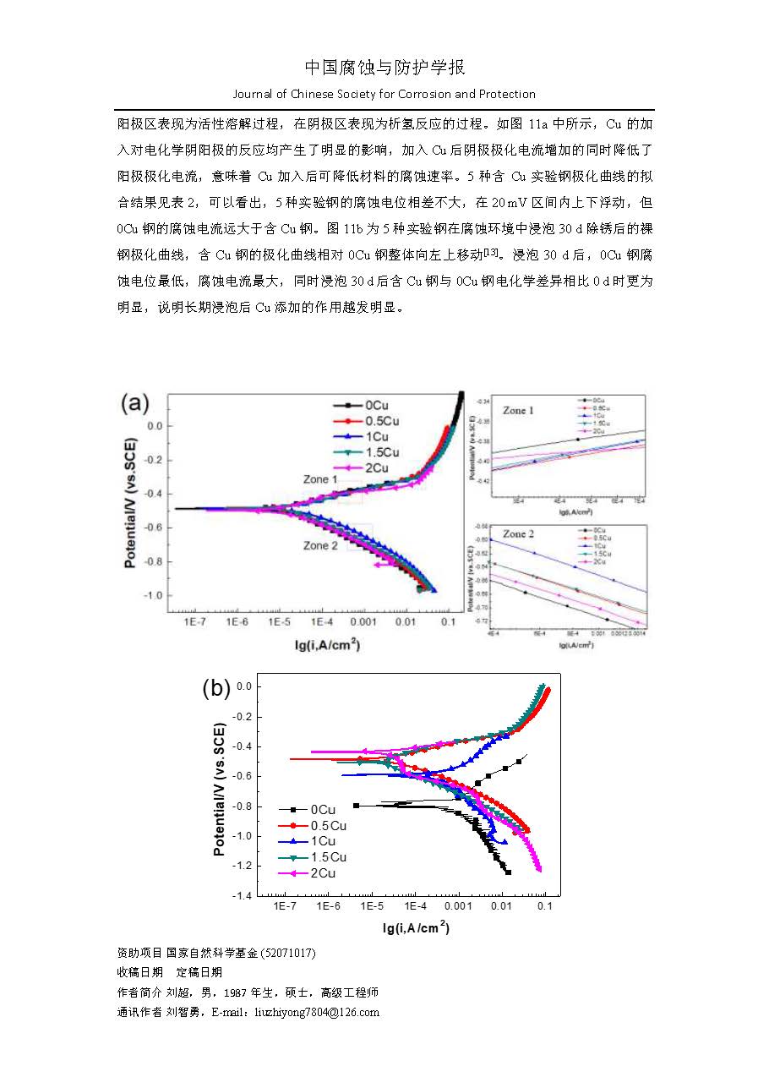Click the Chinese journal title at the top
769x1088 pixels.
pyautogui.click(x=384, y=68)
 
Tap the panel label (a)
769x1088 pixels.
pyautogui.click(x=135, y=402)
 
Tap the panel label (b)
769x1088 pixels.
pyautogui.click(x=216, y=688)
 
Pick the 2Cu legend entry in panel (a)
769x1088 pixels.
pyautogui.click(x=373, y=467)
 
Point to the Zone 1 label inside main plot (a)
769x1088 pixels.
pyautogui.click(x=321, y=479)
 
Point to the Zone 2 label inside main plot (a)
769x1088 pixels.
pyautogui.click(x=320, y=546)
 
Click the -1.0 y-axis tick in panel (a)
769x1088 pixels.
pyautogui.click(x=153, y=596)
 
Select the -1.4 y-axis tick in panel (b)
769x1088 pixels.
pyautogui.click(x=242, y=896)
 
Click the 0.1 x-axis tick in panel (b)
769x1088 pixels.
pyautogui.click(x=545, y=906)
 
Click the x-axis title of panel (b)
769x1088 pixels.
pyautogui.click(x=416, y=928)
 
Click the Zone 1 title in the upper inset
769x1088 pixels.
pyautogui.click(x=518, y=410)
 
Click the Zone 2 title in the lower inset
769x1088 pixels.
pyautogui.click(x=518, y=534)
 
